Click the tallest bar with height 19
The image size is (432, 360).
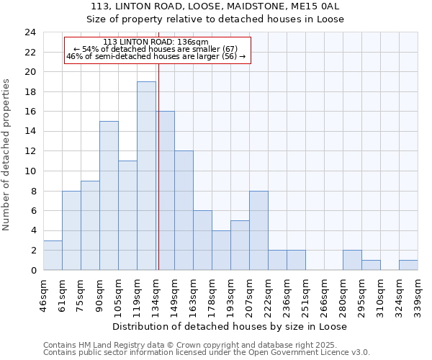(x=146, y=176)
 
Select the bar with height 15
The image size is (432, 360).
(x=109, y=195)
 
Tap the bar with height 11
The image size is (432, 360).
(x=127, y=215)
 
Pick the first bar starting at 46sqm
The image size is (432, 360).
(x=53, y=255)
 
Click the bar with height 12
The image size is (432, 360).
(x=184, y=210)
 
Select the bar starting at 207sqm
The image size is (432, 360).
(x=258, y=230)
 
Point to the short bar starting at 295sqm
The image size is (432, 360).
(x=371, y=265)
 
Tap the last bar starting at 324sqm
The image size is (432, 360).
(x=408, y=265)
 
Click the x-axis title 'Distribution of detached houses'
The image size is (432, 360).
(x=230, y=326)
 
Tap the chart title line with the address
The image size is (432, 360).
(x=215, y=6)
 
